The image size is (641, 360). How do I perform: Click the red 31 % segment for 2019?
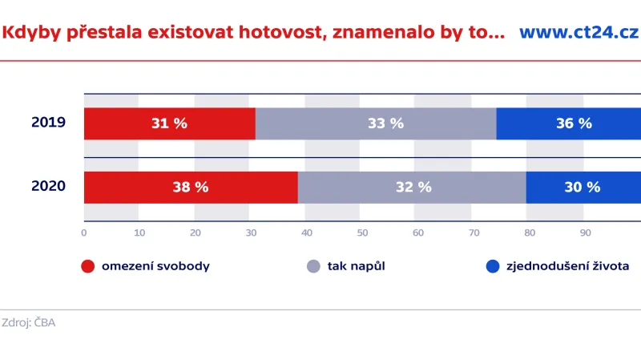pos(169,123)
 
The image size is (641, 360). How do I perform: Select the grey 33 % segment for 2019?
pos(376,123)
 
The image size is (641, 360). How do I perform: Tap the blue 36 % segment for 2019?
pos(569,123)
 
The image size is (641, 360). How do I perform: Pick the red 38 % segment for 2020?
pos(191,187)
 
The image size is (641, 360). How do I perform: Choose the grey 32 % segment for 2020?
pos(412,187)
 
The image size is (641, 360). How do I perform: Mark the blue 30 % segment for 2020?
pos(583,187)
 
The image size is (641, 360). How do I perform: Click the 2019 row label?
pos(48,123)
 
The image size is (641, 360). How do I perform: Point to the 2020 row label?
pos(48,186)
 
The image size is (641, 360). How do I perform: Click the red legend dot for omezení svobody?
pos(88,266)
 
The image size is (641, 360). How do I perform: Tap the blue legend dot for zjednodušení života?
pos(492,266)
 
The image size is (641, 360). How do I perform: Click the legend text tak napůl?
pos(357,266)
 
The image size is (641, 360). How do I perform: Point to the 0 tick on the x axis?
pos(84,233)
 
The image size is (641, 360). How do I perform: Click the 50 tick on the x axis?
pos(363,233)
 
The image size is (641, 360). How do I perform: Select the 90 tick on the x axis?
pos(586,233)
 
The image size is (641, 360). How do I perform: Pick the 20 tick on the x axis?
pos(196,233)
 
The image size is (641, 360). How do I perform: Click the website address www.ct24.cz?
pos(579,33)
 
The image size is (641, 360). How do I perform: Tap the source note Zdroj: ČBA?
pos(29,322)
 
